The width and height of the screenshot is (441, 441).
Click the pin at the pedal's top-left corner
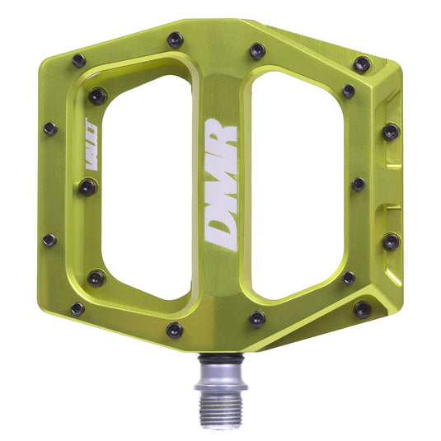[79, 60]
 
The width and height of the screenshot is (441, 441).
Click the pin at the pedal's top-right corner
[361, 63]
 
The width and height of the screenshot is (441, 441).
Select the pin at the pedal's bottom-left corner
[77, 309]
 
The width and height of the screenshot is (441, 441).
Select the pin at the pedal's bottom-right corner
[361, 309]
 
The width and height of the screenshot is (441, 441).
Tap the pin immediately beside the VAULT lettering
[87, 188]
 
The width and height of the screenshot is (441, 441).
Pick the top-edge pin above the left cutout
[175, 39]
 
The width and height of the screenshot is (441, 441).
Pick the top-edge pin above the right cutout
[257, 50]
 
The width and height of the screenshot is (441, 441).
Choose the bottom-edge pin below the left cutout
[174, 330]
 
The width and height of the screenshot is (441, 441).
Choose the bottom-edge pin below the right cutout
[257, 317]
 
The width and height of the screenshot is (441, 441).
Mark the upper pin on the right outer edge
[390, 131]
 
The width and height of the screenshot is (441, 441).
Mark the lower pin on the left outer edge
[49, 241]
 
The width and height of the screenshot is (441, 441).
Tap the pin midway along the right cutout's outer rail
[358, 184]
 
